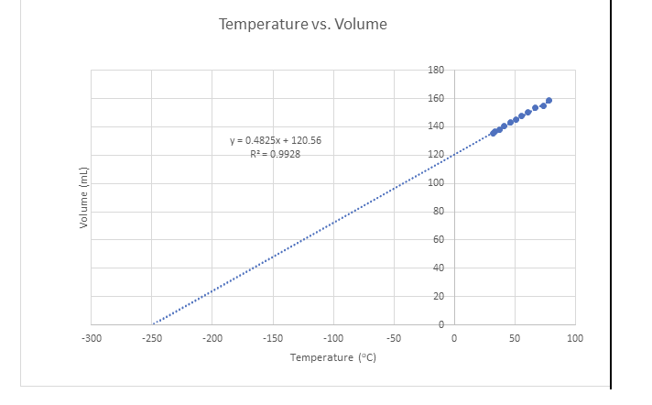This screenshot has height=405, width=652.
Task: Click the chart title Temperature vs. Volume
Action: coord(302,24)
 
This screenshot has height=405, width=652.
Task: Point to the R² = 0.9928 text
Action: coord(275,154)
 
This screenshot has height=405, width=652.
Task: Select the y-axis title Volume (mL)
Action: coord(83,198)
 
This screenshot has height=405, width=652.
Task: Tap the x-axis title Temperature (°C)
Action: coord(332,356)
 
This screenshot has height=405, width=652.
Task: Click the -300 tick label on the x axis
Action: coord(91,339)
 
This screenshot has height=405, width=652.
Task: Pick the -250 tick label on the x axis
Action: coord(151,339)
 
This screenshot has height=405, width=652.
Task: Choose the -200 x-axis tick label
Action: coord(212,339)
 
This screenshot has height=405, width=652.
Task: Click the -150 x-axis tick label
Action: coord(272,339)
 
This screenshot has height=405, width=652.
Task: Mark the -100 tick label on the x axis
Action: coord(332,339)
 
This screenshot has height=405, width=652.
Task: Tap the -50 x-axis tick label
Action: coord(394,339)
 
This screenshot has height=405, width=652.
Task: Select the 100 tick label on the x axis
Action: coord(575,339)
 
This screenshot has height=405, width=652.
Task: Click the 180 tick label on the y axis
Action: coord(436,71)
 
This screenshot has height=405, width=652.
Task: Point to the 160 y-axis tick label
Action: coord(436,98)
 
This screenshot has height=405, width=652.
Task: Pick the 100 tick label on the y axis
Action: coord(436,183)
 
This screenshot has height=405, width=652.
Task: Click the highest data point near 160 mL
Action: coord(549,101)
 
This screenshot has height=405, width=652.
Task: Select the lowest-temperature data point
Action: coord(493,134)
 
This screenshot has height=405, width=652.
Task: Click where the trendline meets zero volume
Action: coord(153,324)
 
